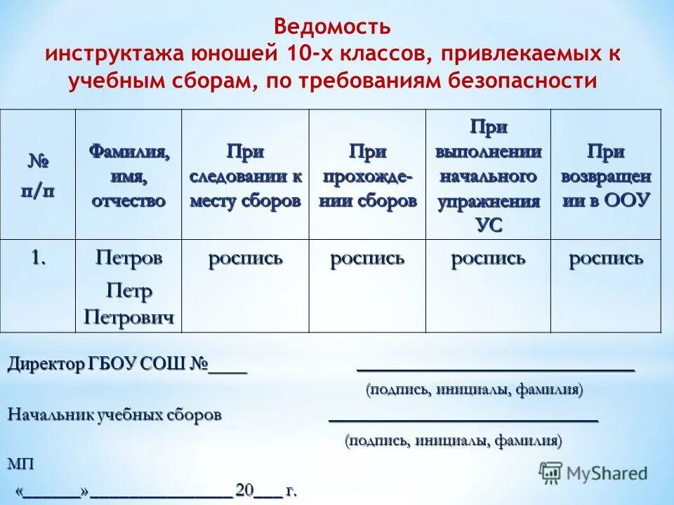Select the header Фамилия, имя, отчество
[128, 175]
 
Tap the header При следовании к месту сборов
[245, 175]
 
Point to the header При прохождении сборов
[367, 175]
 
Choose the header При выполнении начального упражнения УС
[489, 175]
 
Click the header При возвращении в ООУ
[606, 175]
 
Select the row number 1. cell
[38, 257]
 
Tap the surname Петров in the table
[128, 258]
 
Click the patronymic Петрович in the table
[128, 317]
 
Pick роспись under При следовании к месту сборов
[245, 258]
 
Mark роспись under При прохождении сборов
[367, 258]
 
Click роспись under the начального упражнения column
[489, 258]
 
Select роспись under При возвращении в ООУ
[606, 258]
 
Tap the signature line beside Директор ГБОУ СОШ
[496, 368]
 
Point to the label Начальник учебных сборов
[114, 415]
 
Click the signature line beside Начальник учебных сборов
[463, 419]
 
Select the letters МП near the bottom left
[20, 464]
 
